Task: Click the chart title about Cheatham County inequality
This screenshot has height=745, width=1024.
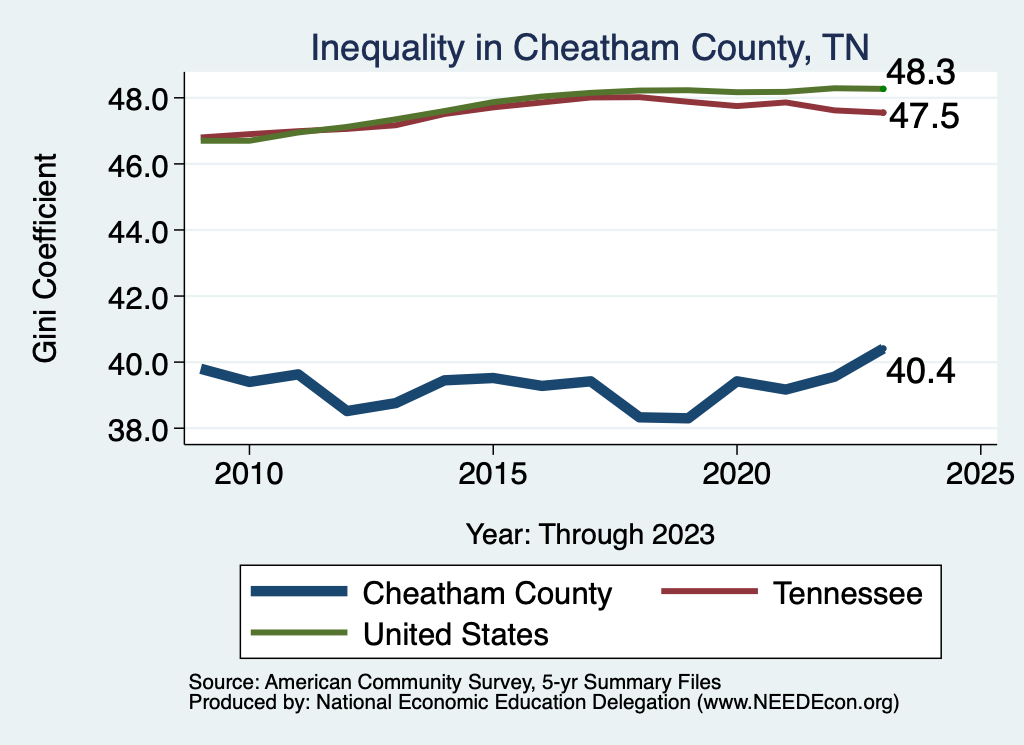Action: (589, 47)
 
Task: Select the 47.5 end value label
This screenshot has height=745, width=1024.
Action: (923, 117)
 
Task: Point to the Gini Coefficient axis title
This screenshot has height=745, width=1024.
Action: (46, 258)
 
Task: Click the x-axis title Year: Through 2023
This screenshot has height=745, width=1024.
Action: (590, 534)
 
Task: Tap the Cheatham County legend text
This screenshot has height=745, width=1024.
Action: (486, 593)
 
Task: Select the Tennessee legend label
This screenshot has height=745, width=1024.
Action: (846, 593)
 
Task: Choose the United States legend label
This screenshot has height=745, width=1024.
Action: (455, 633)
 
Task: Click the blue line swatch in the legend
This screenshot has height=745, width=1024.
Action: (299, 593)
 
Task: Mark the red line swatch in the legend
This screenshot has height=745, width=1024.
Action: (706, 593)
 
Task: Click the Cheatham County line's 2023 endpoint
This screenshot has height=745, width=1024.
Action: (882, 348)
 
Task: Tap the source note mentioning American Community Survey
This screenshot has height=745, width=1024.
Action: (454, 681)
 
